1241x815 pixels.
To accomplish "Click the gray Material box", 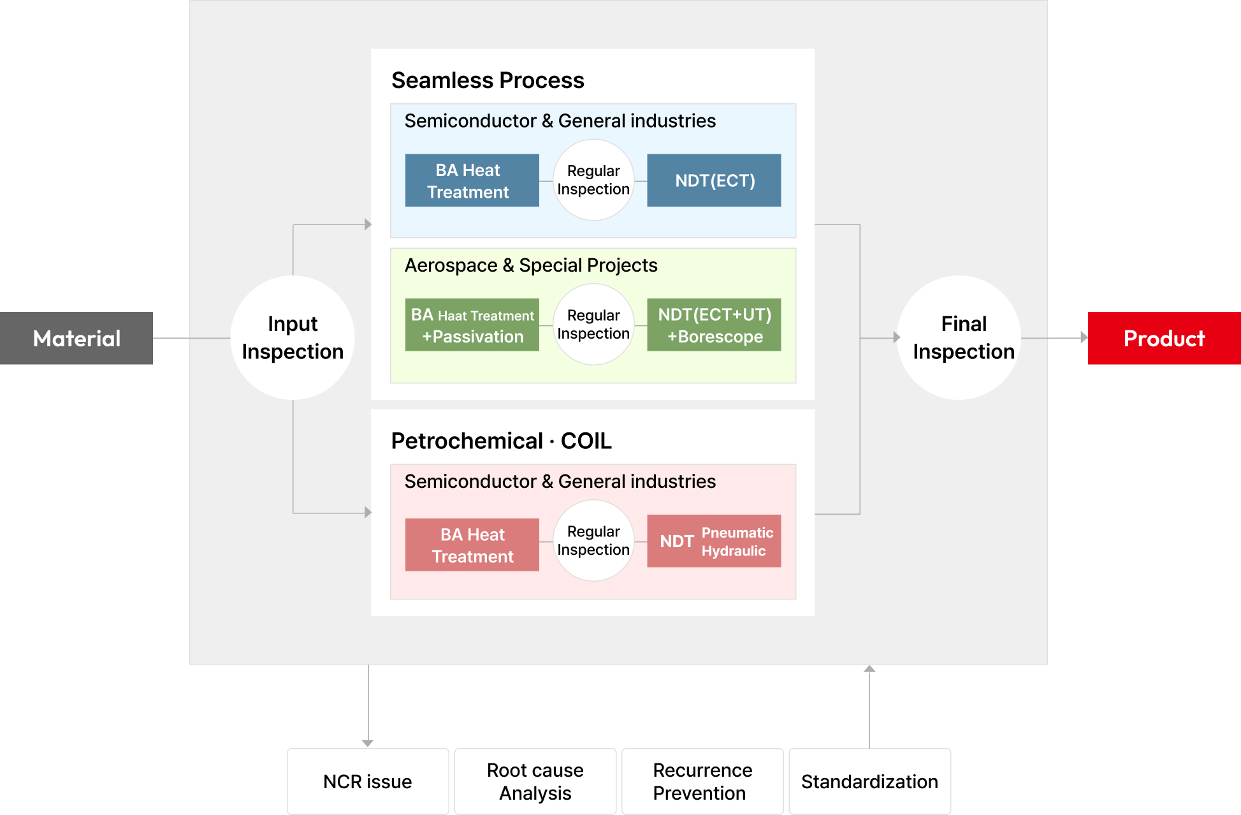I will [x=76, y=338].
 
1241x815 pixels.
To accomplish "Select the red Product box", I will [x=1164, y=338].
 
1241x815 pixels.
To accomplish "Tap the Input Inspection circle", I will [x=293, y=338].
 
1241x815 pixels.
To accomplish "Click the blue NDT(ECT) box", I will [x=714, y=180].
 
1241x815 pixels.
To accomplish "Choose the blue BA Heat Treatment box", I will [x=472, y=180].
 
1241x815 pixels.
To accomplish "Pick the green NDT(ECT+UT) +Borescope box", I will [x=714, y=325].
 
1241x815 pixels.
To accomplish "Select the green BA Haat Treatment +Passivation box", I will [x=472, y=325].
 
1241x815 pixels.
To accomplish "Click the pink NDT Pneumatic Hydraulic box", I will [x=714, y=541].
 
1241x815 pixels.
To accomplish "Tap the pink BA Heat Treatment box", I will [x=472, y=545].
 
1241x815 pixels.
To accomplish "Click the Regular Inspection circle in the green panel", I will [x=593, y=325].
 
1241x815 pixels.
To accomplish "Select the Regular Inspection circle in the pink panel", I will [x=593, y=541].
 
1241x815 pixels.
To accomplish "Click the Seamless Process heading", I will [x=488, y=80].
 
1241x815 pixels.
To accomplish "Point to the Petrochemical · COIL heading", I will [x=501, y=441].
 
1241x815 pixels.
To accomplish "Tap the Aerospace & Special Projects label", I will [x=530, y=265].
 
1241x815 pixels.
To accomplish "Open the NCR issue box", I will [x=368, y=781].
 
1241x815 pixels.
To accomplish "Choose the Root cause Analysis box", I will [x=535, y=781].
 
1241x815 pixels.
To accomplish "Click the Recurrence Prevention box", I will [x=702, y=781].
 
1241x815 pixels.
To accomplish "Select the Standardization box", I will [x=869, y=781].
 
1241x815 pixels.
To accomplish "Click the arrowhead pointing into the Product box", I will [x=1084, y=338].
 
